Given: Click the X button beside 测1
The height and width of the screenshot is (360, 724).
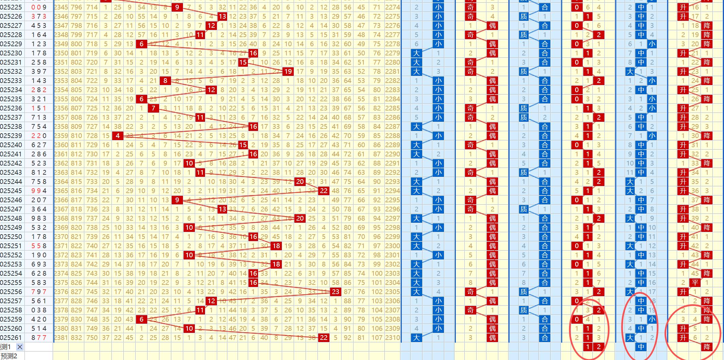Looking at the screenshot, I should click(20, 347).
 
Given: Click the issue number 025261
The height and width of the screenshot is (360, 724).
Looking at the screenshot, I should click(11, 338).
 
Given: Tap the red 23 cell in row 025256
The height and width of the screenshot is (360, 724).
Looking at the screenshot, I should click(335, 292).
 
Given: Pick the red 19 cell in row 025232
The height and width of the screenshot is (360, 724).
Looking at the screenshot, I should click(288, 71).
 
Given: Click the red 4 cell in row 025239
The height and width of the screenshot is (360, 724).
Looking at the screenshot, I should click(118, 136).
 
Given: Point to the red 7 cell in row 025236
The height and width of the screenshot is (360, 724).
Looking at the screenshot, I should click(153, 108).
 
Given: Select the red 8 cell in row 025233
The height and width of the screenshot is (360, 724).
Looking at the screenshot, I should click(165, 81).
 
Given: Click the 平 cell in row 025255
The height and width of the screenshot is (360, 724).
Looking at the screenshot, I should click(695, 282).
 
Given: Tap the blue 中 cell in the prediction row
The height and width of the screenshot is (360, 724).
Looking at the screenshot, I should click(641, 347).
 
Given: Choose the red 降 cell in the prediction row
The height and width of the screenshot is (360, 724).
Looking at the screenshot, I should click(707, 347).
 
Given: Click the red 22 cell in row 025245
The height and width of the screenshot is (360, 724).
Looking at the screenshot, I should click(324, 191).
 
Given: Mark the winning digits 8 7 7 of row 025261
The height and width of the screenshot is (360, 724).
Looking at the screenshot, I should click(39, 338).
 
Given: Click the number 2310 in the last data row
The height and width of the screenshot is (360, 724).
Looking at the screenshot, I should click(393, 338).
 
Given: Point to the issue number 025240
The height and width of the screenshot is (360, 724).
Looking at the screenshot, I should click(11, 145).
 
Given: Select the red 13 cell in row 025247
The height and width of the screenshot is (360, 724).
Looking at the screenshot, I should click(222, 209).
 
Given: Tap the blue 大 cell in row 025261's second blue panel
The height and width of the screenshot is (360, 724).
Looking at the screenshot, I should click(630, 338).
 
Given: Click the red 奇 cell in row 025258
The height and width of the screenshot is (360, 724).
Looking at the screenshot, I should click(470, 310).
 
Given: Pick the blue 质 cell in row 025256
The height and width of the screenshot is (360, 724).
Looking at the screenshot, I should click(524, 292).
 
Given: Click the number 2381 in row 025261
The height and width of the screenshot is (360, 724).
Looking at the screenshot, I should click(61, 338).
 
